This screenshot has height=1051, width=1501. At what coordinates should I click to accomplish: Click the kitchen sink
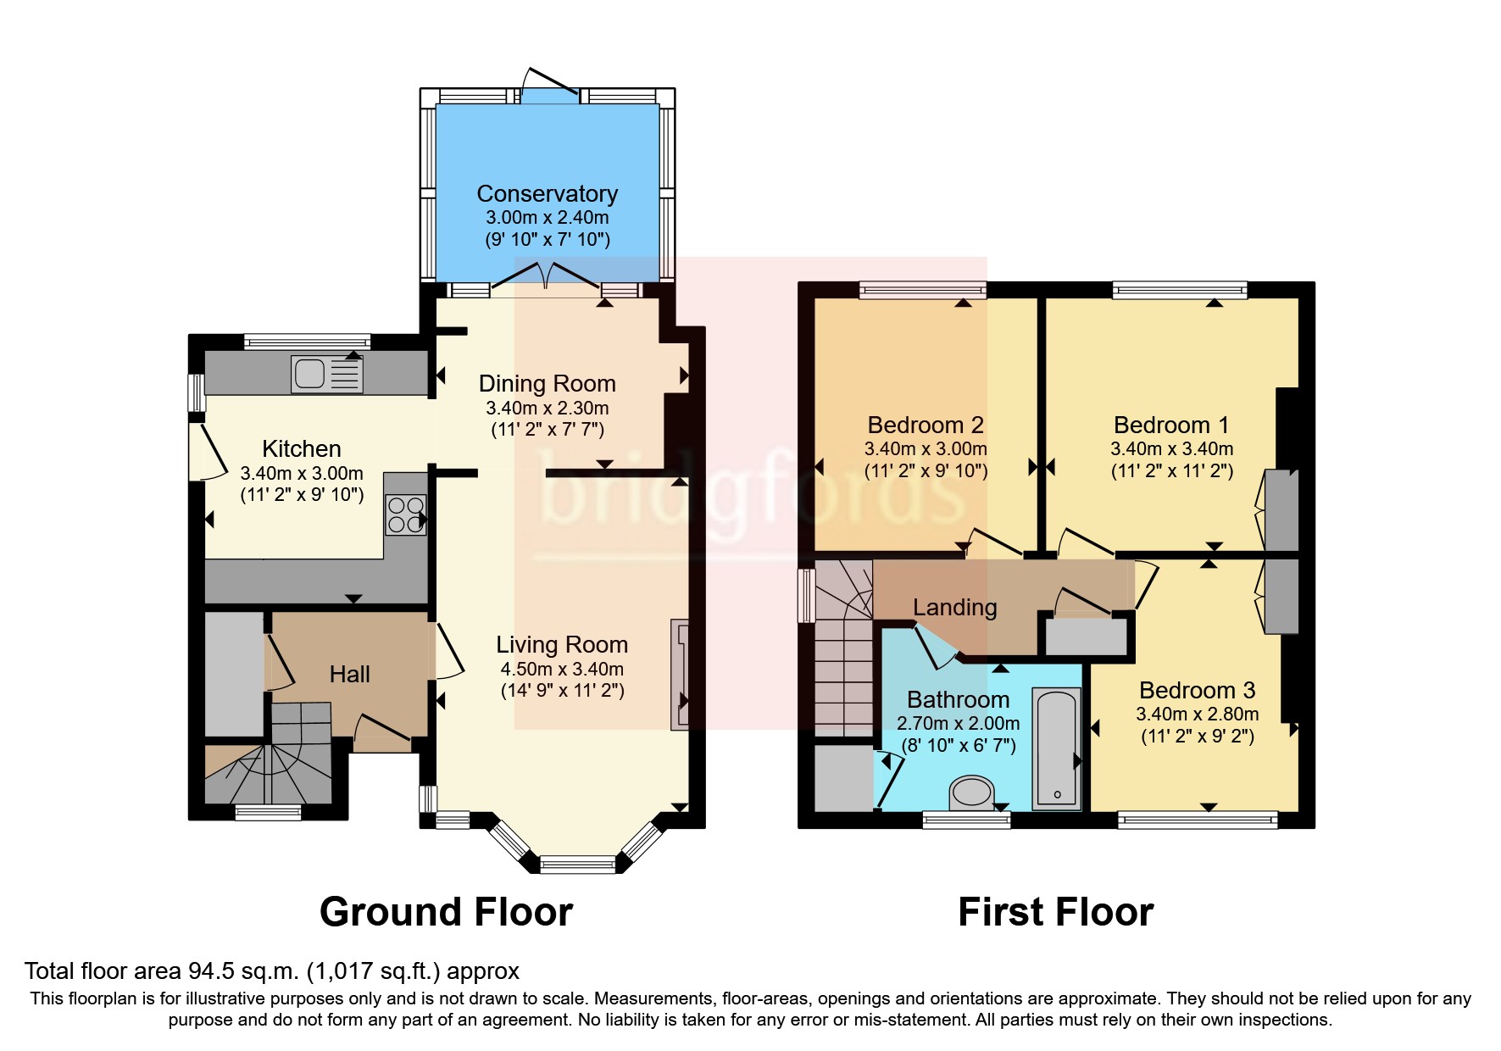326,374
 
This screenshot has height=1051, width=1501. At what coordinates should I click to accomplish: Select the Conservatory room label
547,194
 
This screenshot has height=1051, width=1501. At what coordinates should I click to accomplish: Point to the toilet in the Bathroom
971,793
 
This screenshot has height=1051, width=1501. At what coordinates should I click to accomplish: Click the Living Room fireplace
680,675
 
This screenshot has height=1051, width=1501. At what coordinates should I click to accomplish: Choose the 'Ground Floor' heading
446,912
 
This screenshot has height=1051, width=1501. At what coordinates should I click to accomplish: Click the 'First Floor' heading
1055,912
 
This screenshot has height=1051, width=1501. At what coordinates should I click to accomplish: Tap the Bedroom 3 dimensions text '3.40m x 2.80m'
1197,714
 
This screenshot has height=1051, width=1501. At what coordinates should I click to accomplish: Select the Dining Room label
547,384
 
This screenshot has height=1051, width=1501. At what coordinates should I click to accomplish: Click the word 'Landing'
954,607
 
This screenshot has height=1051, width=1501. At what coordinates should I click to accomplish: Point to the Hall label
349,674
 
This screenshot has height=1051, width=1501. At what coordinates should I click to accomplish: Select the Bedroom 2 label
926,425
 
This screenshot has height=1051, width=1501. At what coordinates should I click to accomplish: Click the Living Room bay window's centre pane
578,865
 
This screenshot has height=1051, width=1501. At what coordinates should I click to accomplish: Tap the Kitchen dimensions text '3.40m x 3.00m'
302,473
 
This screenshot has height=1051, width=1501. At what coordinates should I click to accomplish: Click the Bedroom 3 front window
1197,819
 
